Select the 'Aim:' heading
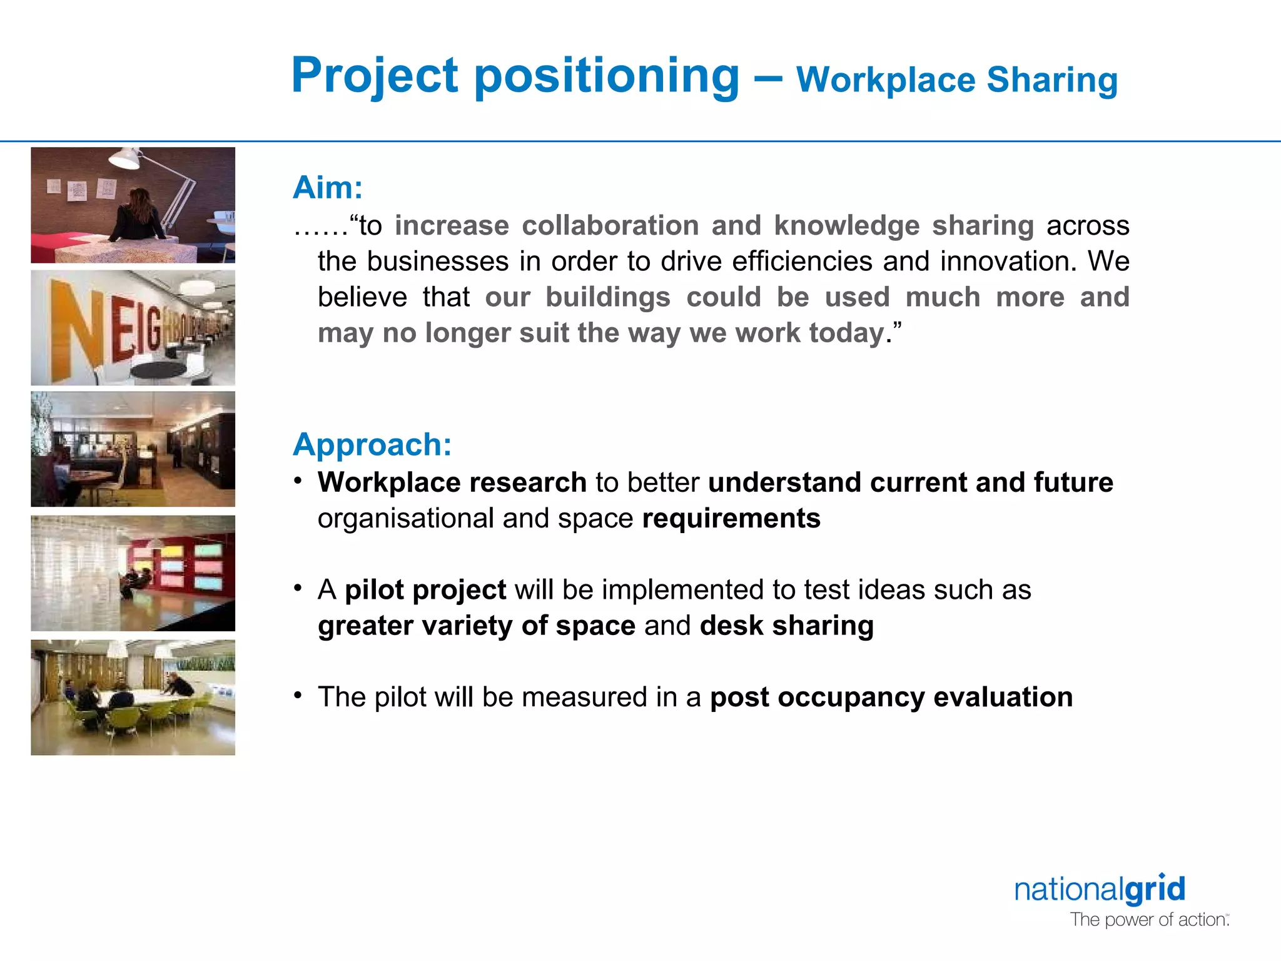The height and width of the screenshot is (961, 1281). coord(328,188)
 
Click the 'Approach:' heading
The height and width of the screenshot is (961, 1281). coord(372,445)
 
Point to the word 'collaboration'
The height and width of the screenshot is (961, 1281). coord(610,226)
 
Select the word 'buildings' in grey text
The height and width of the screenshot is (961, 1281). coord(608,297)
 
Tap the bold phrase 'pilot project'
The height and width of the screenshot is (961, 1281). coord(425,590)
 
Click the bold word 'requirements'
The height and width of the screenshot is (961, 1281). coord(731,519)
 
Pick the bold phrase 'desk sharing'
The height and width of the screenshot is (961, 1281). coord(786,626)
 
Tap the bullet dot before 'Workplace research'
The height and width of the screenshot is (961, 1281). coord(299,480)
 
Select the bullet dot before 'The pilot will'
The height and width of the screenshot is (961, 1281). coord(299,695)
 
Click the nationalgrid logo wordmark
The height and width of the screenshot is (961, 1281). coord(1100,890)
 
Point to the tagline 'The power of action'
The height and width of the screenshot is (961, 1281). coord(1148,920)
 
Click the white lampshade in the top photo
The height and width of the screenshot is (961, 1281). coord(124,159)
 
